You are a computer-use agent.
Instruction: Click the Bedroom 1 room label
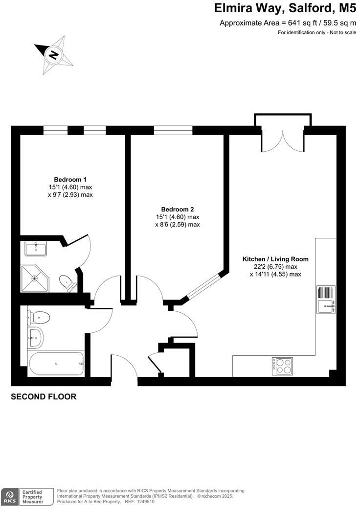point(73,179)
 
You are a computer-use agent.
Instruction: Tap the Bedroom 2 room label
point(178,209)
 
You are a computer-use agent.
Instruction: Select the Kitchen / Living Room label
point(275,259)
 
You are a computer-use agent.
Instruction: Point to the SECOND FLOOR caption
point(44,397)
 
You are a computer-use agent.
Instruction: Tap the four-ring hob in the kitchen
point(282,366)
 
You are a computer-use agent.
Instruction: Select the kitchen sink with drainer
point(326,300)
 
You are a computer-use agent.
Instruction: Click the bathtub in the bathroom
point(56,364)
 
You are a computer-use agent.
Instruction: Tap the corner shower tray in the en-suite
point(35,278)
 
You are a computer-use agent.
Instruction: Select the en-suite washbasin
point(36,249)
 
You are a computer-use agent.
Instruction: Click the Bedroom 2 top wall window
point(173,130)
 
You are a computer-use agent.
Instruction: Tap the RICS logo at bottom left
point(9,496)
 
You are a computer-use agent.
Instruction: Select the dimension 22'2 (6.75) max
point(275,267)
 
